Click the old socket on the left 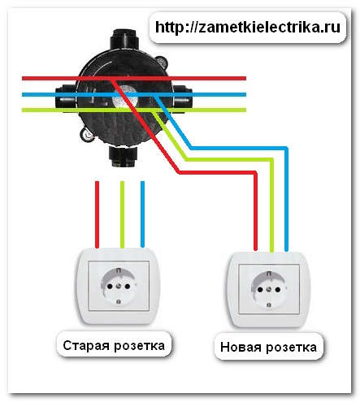(x=119, y=285)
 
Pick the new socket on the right (x=270, y=288)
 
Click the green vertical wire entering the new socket (x=271, y=215)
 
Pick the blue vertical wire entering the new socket (x=288, y=215)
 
